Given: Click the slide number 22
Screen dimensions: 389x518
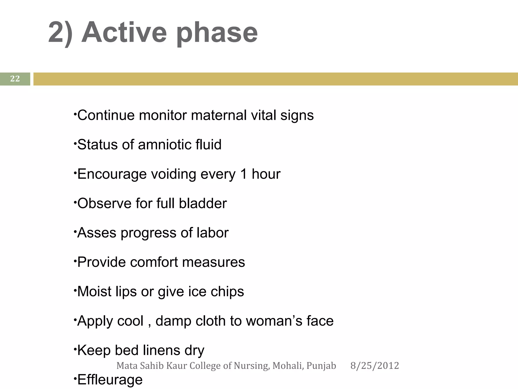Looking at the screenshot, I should click(15, 79).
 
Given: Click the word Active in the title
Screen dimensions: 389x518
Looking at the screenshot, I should click(124, 32).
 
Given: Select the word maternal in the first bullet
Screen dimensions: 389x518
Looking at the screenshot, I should click(219, 115).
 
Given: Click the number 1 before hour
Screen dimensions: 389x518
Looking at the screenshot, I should click(244, 174).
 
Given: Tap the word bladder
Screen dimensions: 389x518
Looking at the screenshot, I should click(203, 203).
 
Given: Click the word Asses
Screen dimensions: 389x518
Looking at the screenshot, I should click(97, 233).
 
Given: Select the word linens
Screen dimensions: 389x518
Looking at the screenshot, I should click(161, 350).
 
